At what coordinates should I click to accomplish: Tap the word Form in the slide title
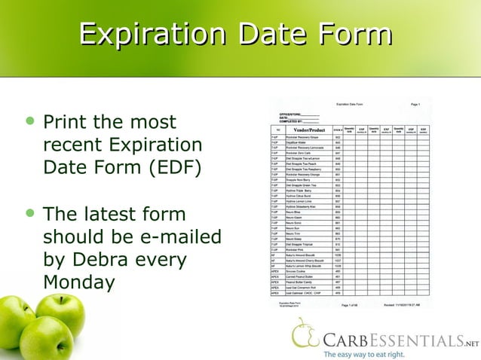point(354,35)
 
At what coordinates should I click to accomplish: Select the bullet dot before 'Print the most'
point(30,121)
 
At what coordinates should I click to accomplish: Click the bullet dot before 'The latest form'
point(30,214)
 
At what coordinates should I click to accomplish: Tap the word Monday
point(79,283)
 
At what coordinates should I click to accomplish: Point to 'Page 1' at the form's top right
point(415,104)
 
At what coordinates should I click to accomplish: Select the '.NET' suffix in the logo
point(471,343)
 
